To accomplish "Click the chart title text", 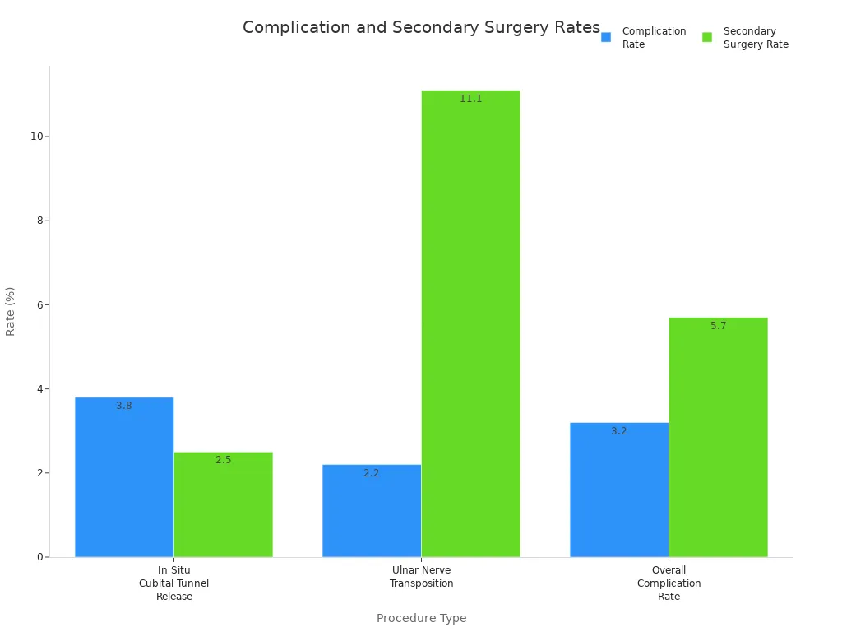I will pos(421,28).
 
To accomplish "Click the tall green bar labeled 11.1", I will pos(470,329).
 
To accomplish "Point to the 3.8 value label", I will pos(124,406).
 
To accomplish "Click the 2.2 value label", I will pos(372,473).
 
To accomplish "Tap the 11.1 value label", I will pos(470,99).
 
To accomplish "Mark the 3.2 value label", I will pos(619,431).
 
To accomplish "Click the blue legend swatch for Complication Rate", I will pos(606,37).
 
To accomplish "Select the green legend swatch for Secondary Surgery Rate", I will pos(707,37).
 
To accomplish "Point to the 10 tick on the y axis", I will pos(36,137).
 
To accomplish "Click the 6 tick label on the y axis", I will pos(39,304).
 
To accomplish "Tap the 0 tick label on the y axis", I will pos(39,557).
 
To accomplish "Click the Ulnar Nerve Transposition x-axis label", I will pos(421,577).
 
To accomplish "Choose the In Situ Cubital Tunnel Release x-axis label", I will pos(174,583).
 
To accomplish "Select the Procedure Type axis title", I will pos(421,618).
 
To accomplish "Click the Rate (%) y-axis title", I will pos(11,311).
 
